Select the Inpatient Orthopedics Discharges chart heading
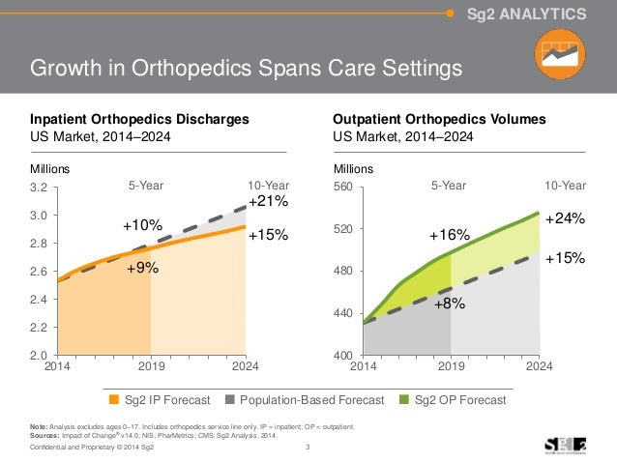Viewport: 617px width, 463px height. point(140,119)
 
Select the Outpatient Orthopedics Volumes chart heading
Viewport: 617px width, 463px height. point(439,119)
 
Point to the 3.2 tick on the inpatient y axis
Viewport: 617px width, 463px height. point(41,187)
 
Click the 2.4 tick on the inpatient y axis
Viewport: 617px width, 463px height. point(41,301)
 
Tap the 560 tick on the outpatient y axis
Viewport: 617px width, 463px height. point(343,187)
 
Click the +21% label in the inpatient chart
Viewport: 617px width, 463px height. point(267,202)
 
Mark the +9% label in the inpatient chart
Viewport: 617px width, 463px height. point(143,272)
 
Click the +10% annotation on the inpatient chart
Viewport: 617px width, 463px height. point(142,225)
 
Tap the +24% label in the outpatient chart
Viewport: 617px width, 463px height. point(564,219)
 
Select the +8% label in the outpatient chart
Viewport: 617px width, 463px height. point(450,304)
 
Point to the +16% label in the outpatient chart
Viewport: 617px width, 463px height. point(449,235)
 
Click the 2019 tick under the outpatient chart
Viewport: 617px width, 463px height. point(451,368)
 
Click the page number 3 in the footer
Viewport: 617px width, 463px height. point(308,446)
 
